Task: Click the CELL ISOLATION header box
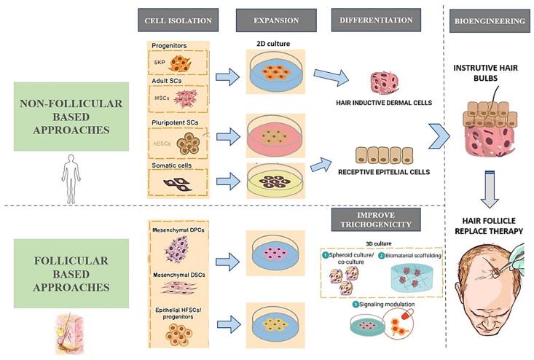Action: [x=178, y=20]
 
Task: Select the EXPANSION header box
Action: [x=276, y=20]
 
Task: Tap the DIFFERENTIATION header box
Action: [x=376, y=20]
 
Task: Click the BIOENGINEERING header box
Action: [x=490, y=21]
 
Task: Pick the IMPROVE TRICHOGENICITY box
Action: [x=376, y=219]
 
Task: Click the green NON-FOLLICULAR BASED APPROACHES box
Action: [x=71, y=117]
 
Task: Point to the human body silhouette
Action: [x=71, y=179]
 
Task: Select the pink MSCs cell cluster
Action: [x=186, y=98]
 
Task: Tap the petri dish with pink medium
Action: [x=275, y=136]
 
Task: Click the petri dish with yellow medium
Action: [x=275, y=181]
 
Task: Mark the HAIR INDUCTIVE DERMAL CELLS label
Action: [x=384, y=103]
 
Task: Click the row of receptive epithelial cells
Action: [x=384, y=155]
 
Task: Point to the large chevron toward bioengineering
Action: [x=439, y=136]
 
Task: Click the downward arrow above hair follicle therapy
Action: [x=490, y=189]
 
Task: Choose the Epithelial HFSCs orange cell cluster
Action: [x=178, y=334]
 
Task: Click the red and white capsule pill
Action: [x=406, y=315]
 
